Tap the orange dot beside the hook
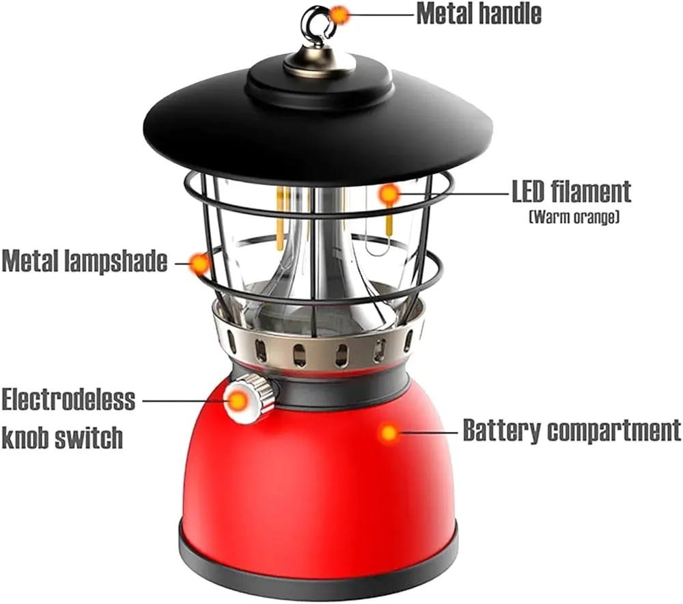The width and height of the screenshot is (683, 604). (x=339, y=15)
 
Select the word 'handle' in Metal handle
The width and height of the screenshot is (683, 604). (x=510, y=14)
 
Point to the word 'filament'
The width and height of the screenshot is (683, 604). (x=591, y=192)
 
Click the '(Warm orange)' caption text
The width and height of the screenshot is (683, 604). (x=574, y=217)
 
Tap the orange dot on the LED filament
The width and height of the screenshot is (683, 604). (x=390, y=194)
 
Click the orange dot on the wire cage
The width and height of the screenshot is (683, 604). (x=199, y=263)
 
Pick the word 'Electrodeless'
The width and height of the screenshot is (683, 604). (x=68, y=399)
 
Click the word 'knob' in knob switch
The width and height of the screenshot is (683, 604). (x=28, y=437)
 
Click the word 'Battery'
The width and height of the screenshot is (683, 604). (x=501, y=430)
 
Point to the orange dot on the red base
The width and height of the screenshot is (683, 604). (x=389, y=433)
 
